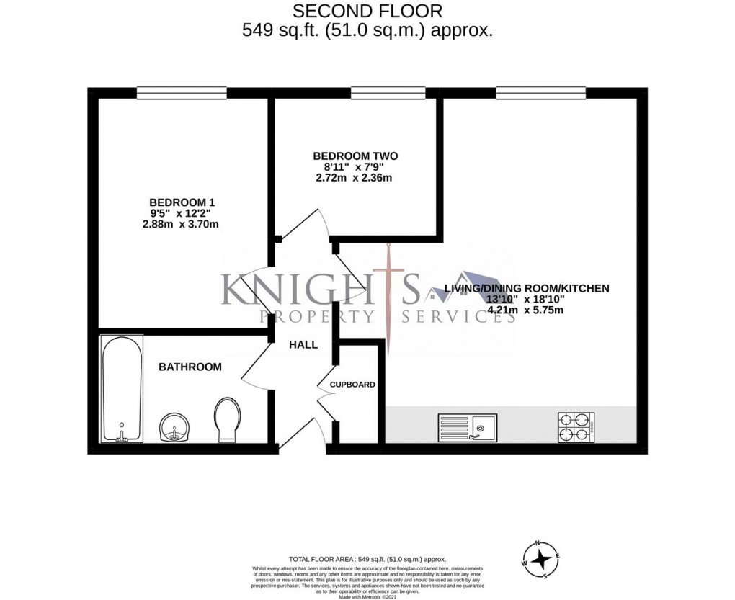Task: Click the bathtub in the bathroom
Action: pyautogui.click(x=122, y=388)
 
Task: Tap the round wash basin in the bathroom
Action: pyautogui.click(x=173, y=427)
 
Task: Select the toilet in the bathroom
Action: pyautogui.click(x=228, y=421)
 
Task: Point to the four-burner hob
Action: pyautogui.click(x=576, y=427)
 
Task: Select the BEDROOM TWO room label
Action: pyautogui.click(x=355, y=156)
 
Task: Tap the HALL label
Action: pyautogui.click(x=303, y=345)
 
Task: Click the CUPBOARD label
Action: pyautogui.click(x=352, y=385)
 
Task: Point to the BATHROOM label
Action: pyautogui.click(x=190, y=367)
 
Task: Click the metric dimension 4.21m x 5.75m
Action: pyautogui.click(x=525, y=311)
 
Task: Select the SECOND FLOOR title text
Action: pyautogui.click(x=367, y=11)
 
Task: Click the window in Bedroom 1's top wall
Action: pyautogui.click(x=182, y=91)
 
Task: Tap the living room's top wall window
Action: pyautogui.click(x=540, y=91)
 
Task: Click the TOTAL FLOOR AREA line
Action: pyautogui.click(x=367, y=559)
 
